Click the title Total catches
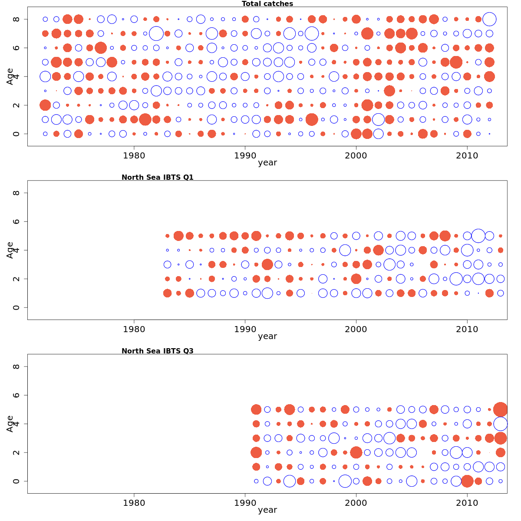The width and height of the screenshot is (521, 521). pos(267,4)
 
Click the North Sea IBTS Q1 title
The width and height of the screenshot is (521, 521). pos(158,177)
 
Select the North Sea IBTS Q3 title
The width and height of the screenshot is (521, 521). pos(158,351)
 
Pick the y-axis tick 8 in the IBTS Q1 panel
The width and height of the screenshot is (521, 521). pos(16,193)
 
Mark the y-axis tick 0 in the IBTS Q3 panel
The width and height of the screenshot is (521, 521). pos(16,481)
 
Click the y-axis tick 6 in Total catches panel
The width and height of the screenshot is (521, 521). pos(16,48)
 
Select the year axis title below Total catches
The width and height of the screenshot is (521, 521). pos(267,163)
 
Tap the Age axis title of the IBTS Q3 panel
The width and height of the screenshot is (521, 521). pos(10,424)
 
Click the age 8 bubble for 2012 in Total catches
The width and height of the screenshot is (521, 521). pos(489,19)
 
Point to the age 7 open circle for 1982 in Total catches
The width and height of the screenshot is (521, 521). pos(156,33)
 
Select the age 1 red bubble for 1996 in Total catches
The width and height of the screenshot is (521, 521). pos(312,119)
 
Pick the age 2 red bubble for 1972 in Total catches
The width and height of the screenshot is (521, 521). pos(45,105)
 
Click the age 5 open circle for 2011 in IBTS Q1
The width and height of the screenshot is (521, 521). pos(478,236)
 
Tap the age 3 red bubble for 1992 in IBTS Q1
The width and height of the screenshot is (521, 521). pos(267,264)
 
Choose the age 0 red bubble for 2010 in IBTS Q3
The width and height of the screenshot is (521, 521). pos(467,481)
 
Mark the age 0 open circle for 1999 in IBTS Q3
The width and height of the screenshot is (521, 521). pos(345,481)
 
